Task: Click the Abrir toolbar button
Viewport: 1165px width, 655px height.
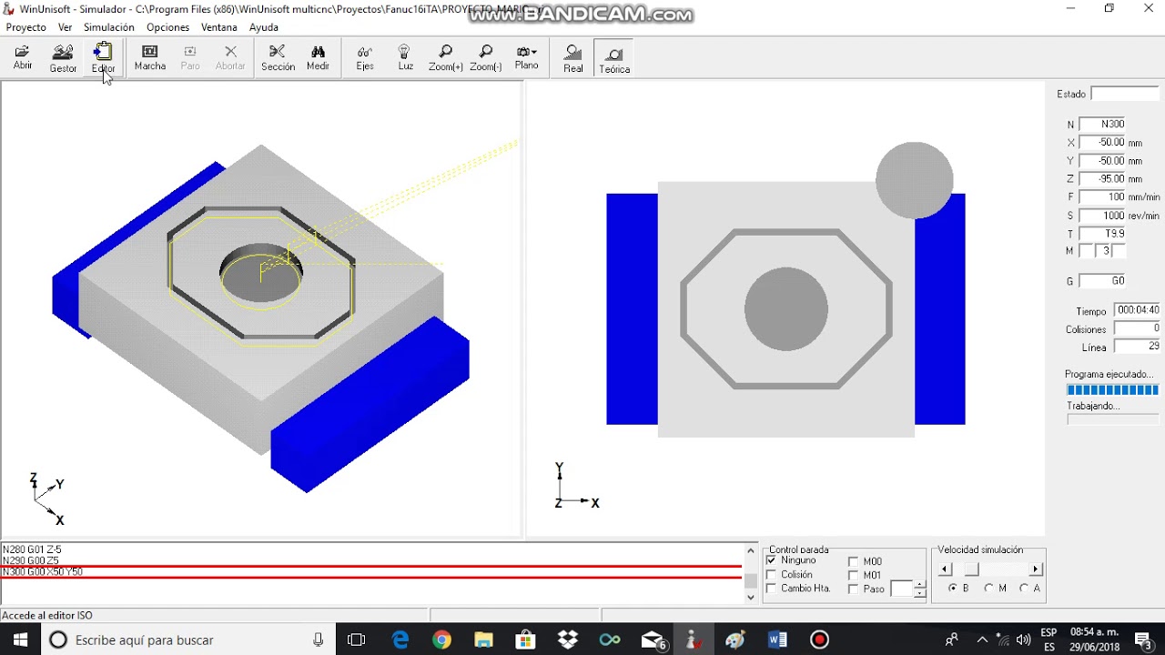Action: [23, 57]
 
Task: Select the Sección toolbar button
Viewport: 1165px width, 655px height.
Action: [278, 57]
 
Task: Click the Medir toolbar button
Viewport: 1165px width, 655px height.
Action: [318, 57]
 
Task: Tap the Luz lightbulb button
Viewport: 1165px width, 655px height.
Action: [405, 57]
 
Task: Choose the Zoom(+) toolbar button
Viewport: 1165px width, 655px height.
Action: [445, 57]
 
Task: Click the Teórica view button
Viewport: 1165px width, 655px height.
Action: [614, 59]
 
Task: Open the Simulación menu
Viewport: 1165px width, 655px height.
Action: [109, 27]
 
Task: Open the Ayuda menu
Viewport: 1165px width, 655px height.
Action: [264, 27]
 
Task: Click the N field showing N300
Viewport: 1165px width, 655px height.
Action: [1102, 125]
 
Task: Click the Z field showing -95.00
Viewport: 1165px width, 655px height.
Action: [1102, 179]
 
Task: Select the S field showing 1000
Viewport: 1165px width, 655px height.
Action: [1102, 216]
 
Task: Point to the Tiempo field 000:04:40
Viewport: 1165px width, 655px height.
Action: [1137, 311]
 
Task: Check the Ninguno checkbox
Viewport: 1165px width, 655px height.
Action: [772, 560]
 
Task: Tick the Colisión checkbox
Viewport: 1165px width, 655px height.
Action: [772, 575]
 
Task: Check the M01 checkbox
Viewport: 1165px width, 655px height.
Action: [853, 575]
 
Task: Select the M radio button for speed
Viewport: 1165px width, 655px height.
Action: [988, 589]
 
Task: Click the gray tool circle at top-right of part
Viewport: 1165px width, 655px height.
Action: [914, 180]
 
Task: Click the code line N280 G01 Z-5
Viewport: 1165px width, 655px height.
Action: [32, 549]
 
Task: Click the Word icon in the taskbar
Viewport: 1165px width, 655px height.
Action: [777, 640]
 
